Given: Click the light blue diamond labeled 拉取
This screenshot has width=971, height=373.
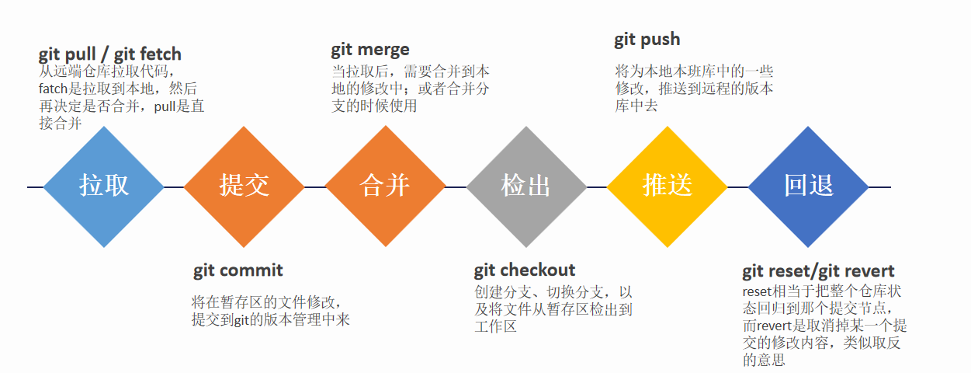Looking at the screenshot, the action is (103, 186).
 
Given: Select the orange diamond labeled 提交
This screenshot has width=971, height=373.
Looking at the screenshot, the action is (244, 186).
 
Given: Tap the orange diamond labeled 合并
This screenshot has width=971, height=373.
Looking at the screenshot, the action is (385, 186).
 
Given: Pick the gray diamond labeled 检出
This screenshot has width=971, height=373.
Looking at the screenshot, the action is (526, 186).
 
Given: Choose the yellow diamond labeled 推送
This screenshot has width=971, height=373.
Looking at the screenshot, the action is (668, 186).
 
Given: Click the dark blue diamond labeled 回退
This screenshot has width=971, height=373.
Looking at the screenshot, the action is (809, 186).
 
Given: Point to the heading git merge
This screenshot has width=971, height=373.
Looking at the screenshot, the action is (370, 50).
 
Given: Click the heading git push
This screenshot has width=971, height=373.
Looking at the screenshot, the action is (647, 40).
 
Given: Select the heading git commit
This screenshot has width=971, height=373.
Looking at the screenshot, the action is (238, 271).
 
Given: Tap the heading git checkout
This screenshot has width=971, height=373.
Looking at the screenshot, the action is (525, 270).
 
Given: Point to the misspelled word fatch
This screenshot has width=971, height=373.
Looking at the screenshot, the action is (54, 89).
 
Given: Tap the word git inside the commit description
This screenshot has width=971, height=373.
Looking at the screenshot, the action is (242, 320).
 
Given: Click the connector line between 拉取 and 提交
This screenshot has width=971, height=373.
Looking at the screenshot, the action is (174, 187).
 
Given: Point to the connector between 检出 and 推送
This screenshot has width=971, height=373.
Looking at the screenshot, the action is (597, 187).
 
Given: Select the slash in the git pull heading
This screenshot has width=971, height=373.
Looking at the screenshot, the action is (105, 54).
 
